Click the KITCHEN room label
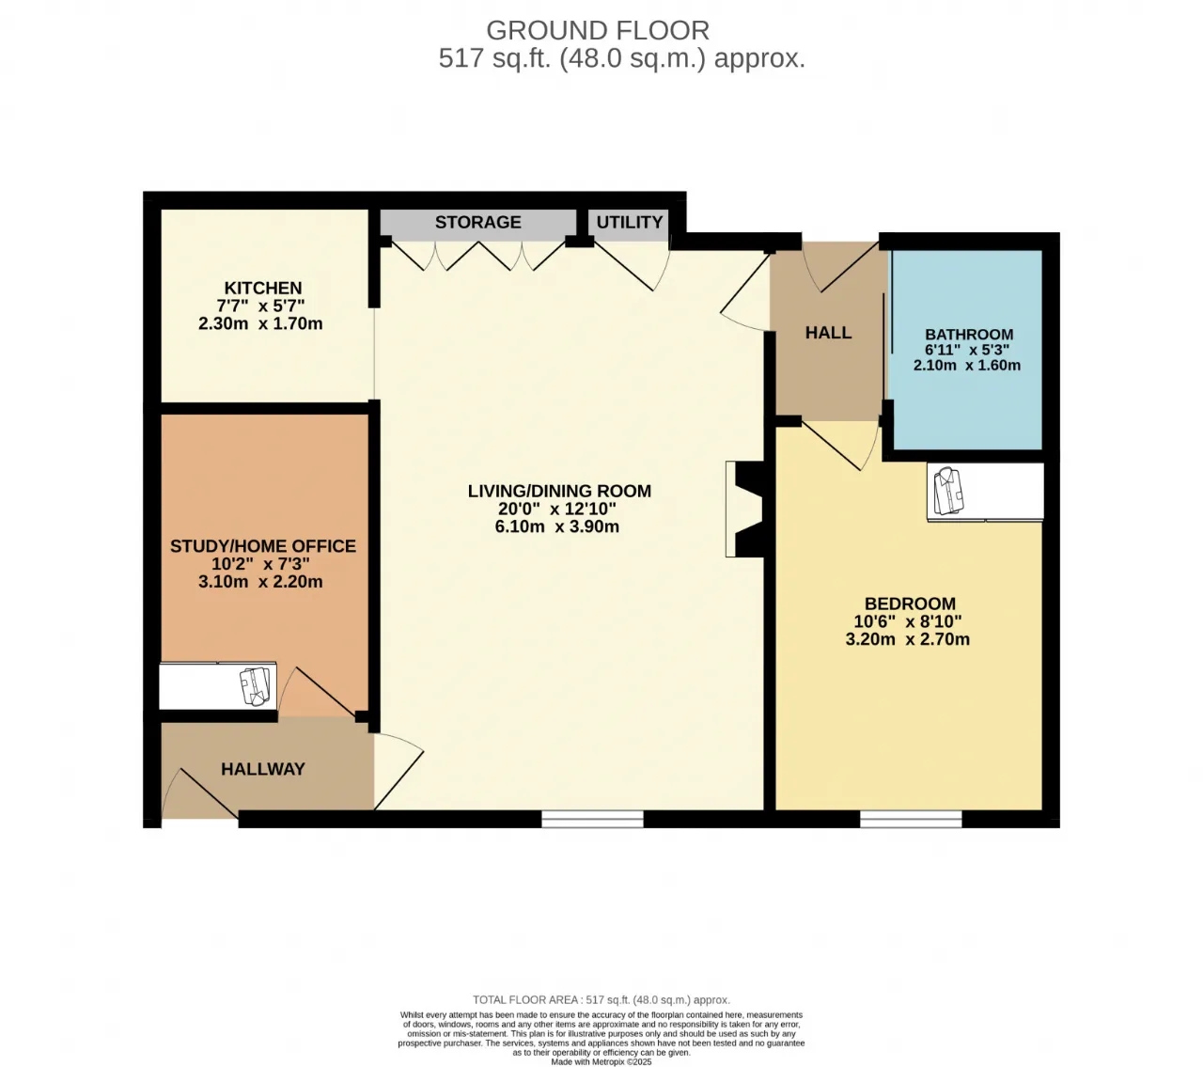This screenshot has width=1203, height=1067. point(263,289)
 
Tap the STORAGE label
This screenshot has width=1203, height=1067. point(478,222)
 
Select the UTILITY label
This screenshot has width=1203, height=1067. point(630,222)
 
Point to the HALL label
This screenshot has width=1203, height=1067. point(828,333)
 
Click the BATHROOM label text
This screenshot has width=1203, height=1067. point(969,335)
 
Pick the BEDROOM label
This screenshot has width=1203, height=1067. point(911,604)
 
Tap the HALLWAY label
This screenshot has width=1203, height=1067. point(263,769)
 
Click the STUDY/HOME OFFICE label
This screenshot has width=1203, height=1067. point(263,546)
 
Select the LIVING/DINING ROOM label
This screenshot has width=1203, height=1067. point(559,492)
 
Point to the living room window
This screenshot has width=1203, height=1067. point(592,819)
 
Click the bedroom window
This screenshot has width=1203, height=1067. point(911,819)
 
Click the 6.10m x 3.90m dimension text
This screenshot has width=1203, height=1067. point(557,527)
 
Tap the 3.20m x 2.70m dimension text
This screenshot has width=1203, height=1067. point(908,640)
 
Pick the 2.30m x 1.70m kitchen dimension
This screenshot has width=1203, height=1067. point(260,323)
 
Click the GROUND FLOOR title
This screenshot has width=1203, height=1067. point(598,30)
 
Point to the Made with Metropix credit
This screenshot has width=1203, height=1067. point(601,1061)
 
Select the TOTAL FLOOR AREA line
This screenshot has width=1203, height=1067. point(601,1000)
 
